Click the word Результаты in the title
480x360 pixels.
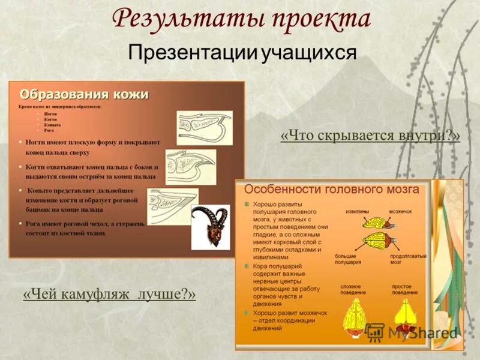186,19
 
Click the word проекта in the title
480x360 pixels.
319,19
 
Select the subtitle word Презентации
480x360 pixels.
193,52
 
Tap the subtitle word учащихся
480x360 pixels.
309,52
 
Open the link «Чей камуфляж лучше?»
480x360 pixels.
109,295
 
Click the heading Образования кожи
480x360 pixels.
84,95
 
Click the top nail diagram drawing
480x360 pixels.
204,126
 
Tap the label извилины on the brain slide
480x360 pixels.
358,211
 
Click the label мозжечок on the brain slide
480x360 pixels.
400,211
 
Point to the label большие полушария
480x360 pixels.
349,259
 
